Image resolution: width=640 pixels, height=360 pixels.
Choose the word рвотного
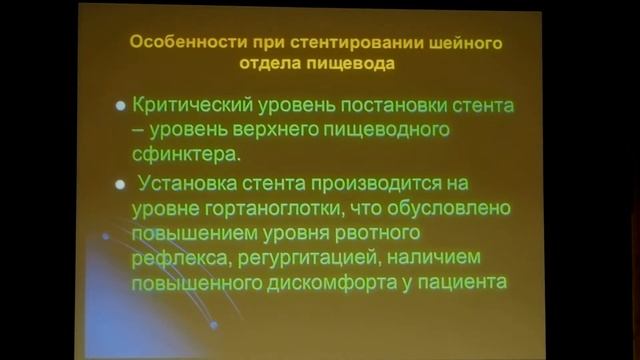381,235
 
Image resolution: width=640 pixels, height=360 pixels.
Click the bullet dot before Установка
120,185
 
